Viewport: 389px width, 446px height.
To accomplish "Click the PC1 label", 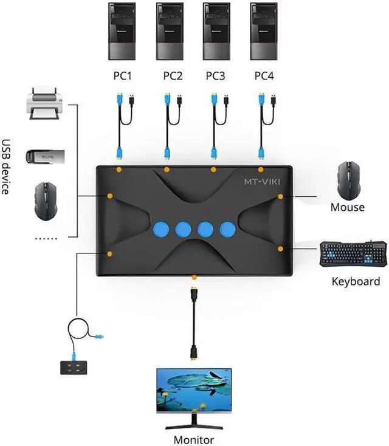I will click(x=122, y=76).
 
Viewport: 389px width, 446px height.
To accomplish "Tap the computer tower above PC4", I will click(x=263, y=31).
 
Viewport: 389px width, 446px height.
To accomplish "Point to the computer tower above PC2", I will click(x=170, y=31).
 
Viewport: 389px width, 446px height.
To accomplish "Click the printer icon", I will click(x=44, y=104).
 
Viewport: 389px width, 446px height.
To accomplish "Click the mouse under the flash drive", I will click(x=46, y=199).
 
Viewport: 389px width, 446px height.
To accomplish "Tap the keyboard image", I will click(x=353, y=254).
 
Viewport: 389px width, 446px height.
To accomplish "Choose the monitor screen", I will click(x=194, y=389).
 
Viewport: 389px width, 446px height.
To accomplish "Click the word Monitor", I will click(x=194, y=439).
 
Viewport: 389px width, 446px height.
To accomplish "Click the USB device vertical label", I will click(x=7, y=168).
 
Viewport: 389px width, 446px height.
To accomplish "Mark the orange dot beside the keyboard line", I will click(x=280, y=249).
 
